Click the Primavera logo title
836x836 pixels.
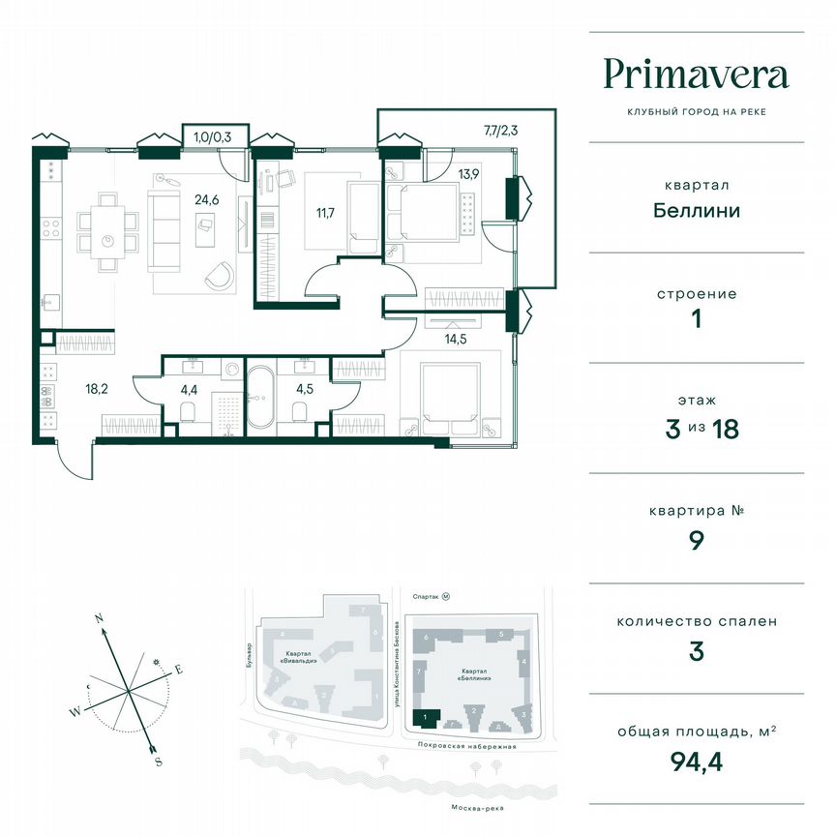click(x=696, y=74)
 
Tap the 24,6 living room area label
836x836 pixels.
click(x=205, y=200)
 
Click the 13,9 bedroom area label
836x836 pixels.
click(x=469, y=174)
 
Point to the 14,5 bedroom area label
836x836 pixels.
click(x=454, y=339)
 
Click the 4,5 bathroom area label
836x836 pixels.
click(x=303, y=391)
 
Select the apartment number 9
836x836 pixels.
click(x=696, y=540)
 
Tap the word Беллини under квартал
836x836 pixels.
click(x=696, y=210)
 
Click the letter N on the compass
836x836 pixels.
click(x=99, y=615)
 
